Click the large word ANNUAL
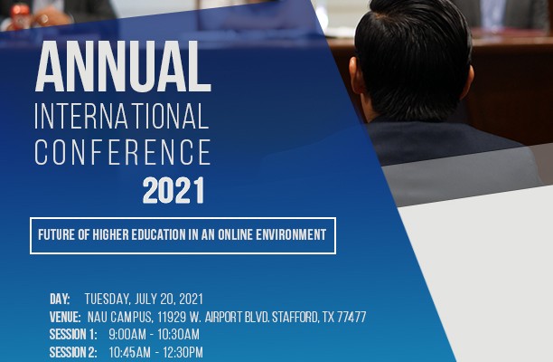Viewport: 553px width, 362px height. pos(123,67)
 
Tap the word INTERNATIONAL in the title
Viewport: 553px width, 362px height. pos(122,116)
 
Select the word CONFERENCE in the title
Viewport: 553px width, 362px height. pos(123,152)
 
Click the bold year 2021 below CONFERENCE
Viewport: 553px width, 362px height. pos(173,190)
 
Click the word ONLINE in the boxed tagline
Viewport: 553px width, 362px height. pos(235,235)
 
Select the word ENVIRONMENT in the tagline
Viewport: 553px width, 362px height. pos(291,235)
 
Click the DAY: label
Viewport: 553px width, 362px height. pos(60,300)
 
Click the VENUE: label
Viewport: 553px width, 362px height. pos(65,317)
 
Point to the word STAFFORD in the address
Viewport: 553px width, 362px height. pos(295,317)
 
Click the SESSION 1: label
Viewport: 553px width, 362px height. pos(73,335)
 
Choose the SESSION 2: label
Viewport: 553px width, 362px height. pos(73,352)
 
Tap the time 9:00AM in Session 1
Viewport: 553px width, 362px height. pos(127,335)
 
